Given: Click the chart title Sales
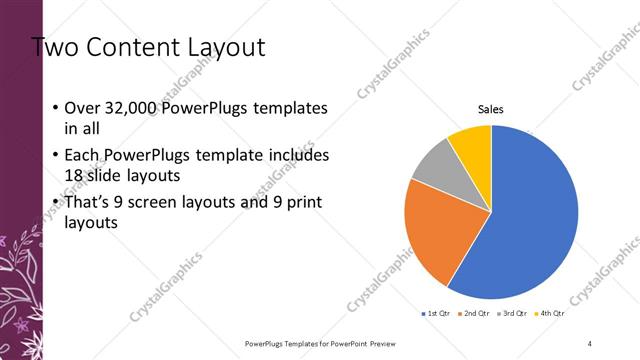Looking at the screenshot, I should pos(490,109).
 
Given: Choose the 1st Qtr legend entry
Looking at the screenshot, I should pos(437,313).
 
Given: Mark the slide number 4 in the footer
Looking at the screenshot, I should pos(590,343).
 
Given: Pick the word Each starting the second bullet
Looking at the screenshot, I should pos(83,157).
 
